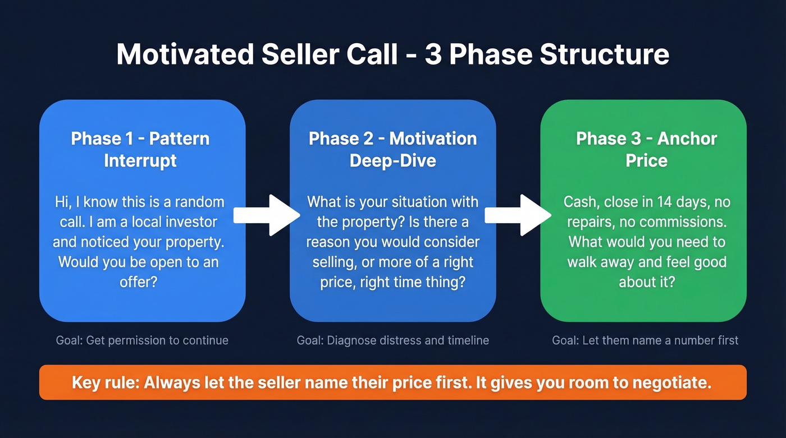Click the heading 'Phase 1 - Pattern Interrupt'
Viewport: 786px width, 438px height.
140,149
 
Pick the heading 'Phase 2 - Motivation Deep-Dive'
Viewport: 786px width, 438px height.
392,149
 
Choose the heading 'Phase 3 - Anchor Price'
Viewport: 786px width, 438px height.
646,149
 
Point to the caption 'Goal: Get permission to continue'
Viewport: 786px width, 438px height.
142,340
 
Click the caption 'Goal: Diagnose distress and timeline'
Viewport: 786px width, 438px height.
392,340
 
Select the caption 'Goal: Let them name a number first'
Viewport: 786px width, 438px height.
645,340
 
